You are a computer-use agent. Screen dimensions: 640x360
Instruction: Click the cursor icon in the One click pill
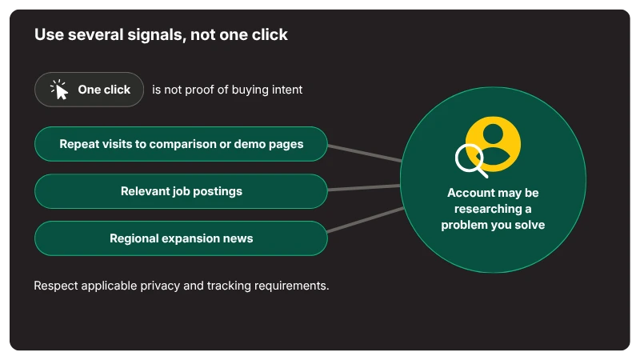(x=59, y=90)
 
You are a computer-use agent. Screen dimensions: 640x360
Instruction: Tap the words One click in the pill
(x=104, y=90)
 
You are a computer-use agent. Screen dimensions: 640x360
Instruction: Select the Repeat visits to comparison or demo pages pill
(x=182, y=144)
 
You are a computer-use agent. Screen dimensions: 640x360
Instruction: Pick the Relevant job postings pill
(x=182, y=191)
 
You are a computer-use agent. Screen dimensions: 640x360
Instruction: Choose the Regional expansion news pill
(x=182, y=238)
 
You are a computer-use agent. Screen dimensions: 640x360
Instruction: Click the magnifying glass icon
(x=471, y=161)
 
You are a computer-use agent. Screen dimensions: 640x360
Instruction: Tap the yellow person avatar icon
(x=494, y=144)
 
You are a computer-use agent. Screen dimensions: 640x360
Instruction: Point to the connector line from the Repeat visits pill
(x=365, y=153)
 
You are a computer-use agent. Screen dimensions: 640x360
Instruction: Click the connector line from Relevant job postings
(x=364, y=188)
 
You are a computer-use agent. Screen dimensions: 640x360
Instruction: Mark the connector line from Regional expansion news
(x=366, y=220)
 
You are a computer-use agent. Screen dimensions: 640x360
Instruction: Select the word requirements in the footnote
(x=291, y=286)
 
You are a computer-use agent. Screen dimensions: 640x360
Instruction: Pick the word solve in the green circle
(x=530, y=225)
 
